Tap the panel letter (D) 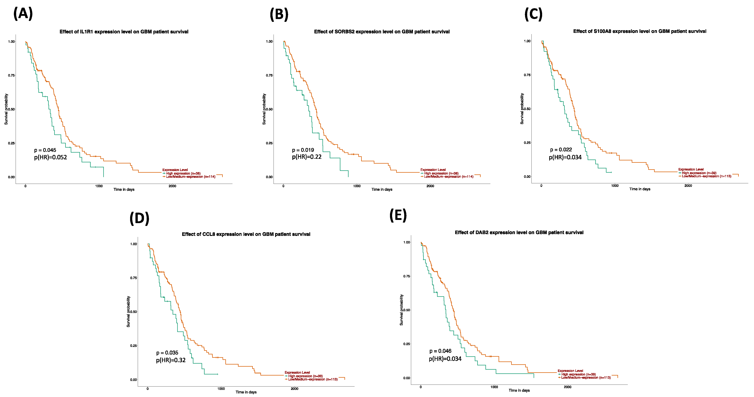click(x=139, y=218)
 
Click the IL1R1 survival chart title click(x=124, y=32)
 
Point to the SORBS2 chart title click(x=382, y=32)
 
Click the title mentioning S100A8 click(x=640, y=31)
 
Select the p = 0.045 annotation click(x=45, y=150)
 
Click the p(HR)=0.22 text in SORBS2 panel click(x=307, y=157)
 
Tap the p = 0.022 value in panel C click(x=561, y=150)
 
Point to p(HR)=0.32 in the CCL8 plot click(x=171, y=360)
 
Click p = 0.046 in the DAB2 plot click(x=440, y=351)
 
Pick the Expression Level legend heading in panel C click(x=691, y=169)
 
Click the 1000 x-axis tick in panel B click(x=357, y=186)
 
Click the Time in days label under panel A click(x=124, y=190)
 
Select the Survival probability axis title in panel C click(x=522, y=109)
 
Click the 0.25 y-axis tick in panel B click(x=269, y=143)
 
